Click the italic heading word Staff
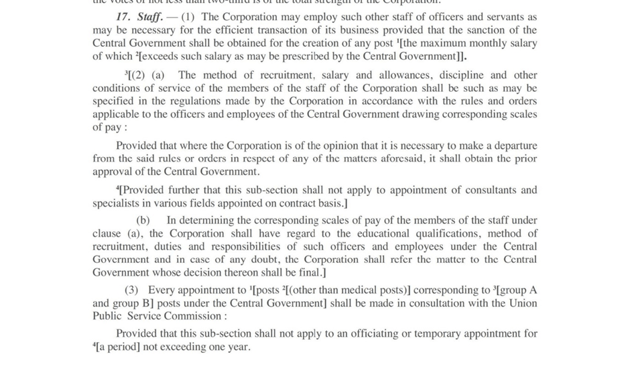149,17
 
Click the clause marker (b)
143,220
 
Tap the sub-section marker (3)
132,290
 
